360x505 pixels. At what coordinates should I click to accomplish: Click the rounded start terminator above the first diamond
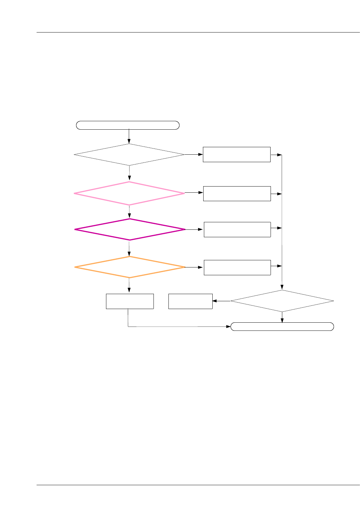point(128,125)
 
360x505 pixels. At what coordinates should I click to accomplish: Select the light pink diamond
point(129,193)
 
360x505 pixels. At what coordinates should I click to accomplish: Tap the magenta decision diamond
point(130,229)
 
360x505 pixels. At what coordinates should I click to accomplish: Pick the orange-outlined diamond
point(130,267)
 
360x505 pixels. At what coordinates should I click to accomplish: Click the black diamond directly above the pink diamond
point(129,155)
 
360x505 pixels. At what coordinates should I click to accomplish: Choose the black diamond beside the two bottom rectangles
point(282,301)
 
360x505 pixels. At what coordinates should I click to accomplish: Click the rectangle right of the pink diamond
point(237,194)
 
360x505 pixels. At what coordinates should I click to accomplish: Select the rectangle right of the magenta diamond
point(237,229)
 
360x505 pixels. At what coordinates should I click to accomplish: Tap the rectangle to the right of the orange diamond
point(237,267)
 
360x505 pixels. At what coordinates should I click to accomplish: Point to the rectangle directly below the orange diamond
point(130,301)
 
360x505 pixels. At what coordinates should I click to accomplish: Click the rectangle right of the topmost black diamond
point(236,154)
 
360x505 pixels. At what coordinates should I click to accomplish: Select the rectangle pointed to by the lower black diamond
point(190,301)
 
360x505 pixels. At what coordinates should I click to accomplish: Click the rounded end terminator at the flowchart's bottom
point(282,327)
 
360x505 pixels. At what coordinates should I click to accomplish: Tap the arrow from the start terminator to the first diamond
point(129,136)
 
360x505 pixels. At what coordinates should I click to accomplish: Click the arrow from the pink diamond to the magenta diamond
point(129,212)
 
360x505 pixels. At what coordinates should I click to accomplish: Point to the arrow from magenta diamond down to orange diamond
point(129,248)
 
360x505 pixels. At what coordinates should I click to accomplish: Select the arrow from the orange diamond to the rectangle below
point(129,286)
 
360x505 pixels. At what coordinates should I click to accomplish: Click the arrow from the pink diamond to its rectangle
point(194,193)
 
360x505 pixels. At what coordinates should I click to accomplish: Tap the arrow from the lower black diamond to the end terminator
point(282,317)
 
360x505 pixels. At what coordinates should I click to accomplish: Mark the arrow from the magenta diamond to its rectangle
point(194,229)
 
